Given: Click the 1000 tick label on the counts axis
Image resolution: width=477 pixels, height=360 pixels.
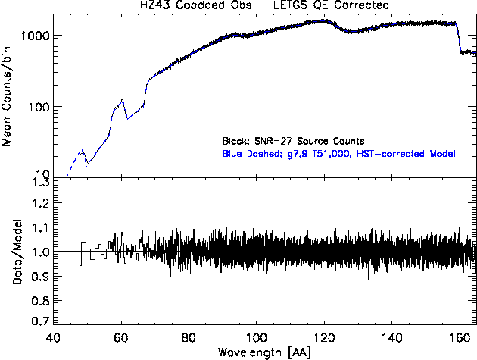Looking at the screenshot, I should pyautogui.click(x=34, y=36).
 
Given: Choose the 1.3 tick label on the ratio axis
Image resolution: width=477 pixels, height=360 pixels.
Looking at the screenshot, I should pyautogui.click(x=40, y=183).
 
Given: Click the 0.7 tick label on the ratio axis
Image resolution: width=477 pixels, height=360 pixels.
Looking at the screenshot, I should pyautogui.click(x=40, y=321).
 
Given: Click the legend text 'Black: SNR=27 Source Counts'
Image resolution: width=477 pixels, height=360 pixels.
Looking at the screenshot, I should pyautogui.click(x=294, y=141).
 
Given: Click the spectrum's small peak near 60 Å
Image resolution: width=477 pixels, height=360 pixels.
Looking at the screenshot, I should pyautogui.click(x=122, y=99).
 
